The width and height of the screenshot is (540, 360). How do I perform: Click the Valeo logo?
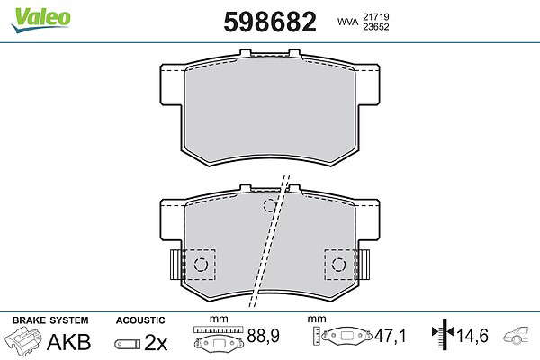(x=41, y=19)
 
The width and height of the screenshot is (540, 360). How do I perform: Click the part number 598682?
(x=270, y=22)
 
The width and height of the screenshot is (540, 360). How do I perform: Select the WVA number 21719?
(x=375, y=16)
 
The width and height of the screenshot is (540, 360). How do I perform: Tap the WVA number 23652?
(x=375, y=27)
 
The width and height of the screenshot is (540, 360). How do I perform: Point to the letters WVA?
(x=347, y=22)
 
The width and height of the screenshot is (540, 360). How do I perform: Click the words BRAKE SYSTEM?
(x=50, y=320)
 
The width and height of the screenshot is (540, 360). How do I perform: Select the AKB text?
(x=69, y=342)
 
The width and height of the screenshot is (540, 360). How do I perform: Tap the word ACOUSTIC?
(x=140, y=320)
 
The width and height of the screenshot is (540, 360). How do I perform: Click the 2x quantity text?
(x=156, y=342)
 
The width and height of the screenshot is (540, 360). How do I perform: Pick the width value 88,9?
(x=264, y=336)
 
